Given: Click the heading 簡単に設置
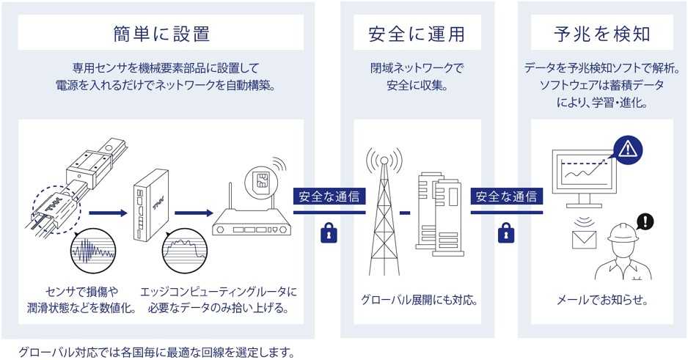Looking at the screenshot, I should click(162, 34).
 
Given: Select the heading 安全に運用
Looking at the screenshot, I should click(417, 34).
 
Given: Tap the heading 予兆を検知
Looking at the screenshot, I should click(601, 34).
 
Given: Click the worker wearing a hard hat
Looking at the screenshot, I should click(624, 253).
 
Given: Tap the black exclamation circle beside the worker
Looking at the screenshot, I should click(645, 221).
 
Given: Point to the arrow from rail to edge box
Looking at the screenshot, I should click(106, 214).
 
